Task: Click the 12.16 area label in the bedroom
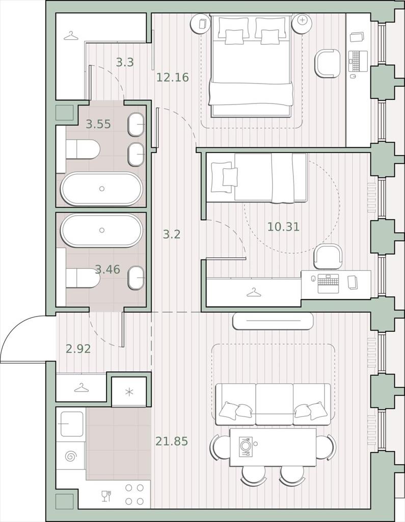172,77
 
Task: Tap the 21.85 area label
172,441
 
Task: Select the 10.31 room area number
284,227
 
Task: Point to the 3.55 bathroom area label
98,124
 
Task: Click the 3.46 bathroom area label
107,269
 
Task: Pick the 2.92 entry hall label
78,349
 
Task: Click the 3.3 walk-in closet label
125,62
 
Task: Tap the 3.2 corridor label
172,234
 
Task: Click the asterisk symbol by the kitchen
129,392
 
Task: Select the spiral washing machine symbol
70,456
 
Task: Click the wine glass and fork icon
106,495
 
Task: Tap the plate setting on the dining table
245,447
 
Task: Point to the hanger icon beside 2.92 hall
81,387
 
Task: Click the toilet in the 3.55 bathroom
83,149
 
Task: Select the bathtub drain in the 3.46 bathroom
102,230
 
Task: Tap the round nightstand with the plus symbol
302,23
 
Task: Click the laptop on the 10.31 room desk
328,283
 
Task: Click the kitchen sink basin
71,424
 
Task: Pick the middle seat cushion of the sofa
275,404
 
